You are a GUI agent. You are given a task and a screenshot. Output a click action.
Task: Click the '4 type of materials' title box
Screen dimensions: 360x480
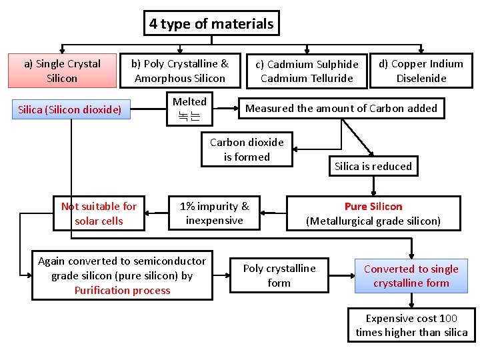point(211,24)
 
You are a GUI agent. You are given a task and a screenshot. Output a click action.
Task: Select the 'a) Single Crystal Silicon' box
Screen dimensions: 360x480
point(62,71)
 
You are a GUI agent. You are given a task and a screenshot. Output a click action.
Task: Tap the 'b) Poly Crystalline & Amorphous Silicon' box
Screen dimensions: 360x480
point(179,71)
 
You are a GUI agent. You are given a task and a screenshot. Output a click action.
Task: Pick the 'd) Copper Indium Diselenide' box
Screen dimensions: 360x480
point(421,71)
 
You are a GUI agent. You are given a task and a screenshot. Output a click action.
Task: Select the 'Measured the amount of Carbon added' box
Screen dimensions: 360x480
point(341,108)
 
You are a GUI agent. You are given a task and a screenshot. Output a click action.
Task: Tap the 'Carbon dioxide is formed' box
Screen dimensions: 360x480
point(247,149)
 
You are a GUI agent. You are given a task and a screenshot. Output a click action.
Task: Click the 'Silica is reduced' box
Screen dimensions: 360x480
point(373,166)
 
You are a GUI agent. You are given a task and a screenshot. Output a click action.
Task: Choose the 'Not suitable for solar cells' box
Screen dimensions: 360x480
point(99,213)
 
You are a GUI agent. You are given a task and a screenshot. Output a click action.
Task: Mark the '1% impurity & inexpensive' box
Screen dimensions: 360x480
point(214,213)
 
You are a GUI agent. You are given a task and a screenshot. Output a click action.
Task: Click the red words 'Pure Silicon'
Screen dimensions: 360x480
point(373,207)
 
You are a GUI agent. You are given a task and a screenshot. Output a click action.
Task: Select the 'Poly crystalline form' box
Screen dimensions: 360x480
point(279,275)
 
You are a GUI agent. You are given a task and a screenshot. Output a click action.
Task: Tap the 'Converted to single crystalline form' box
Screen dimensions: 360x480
point(411,276)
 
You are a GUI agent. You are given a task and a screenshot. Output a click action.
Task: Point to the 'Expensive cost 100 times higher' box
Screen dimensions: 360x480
point(411,325)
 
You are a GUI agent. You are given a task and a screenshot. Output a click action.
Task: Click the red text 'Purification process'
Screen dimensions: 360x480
point(122,291)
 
